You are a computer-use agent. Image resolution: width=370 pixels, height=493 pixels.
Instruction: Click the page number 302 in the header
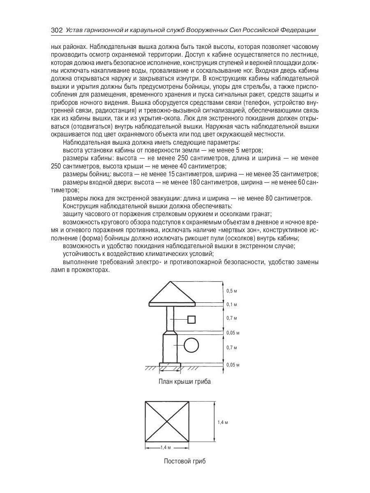coord(56,30)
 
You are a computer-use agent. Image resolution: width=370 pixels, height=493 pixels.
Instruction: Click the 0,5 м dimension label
coord(232,291)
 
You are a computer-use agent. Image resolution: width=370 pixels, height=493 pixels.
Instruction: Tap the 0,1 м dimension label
coord(232,304)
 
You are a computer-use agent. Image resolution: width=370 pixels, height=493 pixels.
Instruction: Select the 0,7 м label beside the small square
coord(232,318)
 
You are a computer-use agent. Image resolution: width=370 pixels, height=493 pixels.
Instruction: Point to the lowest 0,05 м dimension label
coord(233,364)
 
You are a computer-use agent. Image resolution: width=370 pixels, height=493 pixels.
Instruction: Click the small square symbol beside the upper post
coord(191,319)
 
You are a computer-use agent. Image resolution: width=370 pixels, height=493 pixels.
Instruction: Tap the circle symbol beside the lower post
coord(191,346)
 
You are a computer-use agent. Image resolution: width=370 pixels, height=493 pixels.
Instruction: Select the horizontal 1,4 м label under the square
coord(166,447)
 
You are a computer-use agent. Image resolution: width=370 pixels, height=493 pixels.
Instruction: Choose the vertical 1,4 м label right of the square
coord(222,422)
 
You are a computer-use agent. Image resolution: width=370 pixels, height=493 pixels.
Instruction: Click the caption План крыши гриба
coord(185,382)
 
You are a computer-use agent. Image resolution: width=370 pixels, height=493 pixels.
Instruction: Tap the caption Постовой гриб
coord(185,461)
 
